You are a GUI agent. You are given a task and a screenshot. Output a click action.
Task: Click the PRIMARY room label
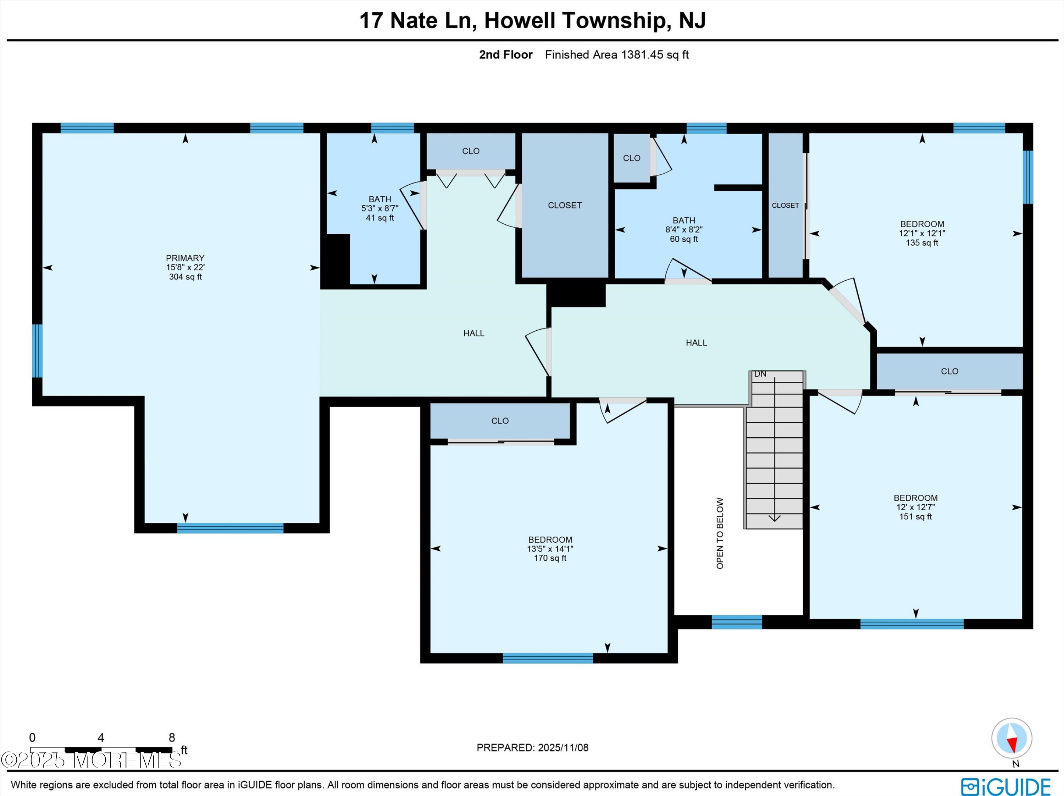coord(185,258)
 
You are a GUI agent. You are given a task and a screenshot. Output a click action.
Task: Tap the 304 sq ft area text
coord(185,277)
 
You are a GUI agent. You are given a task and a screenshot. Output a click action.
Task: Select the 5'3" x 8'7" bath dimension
coord(379,208)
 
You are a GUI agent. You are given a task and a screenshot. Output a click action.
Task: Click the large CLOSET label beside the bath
coord(565,205)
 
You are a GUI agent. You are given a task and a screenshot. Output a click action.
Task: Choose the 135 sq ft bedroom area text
coord(922,243)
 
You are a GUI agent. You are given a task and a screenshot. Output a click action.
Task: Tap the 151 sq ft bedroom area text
coord(915,517)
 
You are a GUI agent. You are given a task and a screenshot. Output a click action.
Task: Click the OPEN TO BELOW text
coord(720,533)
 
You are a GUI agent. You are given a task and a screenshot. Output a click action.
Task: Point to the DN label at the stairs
coord(760,374)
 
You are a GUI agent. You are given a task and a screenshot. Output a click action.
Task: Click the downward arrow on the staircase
coord(775,449)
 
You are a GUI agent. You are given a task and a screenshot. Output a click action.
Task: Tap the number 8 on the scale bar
coord(172,738)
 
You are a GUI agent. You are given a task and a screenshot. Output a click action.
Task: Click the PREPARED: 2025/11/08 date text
coord(532,747)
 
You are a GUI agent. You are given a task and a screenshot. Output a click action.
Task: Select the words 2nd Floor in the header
coord(505,55)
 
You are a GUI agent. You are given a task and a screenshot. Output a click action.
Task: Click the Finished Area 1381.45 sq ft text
coord(617,55)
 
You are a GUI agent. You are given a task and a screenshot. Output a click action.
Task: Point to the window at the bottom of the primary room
coord(231,528)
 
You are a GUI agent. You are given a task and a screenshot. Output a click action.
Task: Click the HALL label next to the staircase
coord(696,343)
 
